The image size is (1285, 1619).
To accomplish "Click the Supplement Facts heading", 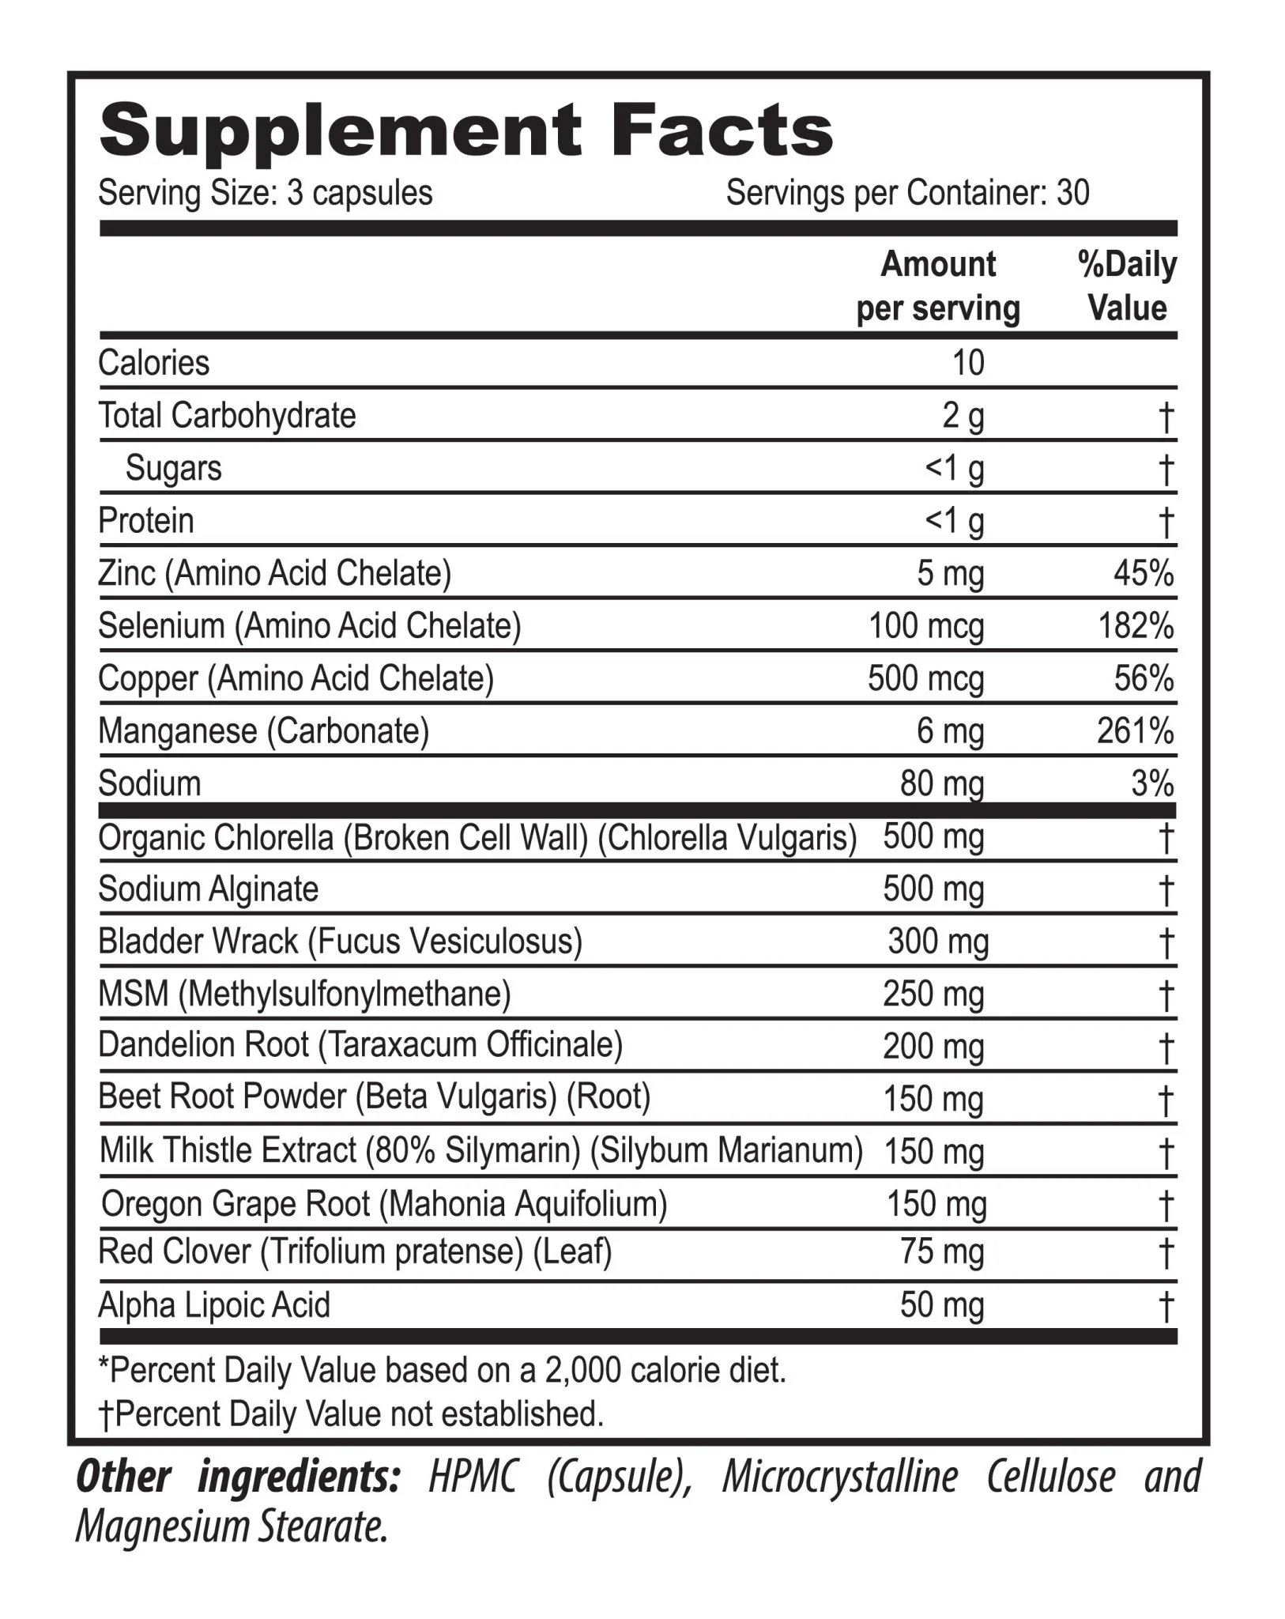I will pyautogui.click(x=466, y=131).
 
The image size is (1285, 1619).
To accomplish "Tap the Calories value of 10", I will pyautogui.click(x=968, y=363).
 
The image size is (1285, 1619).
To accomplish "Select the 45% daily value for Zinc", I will pyautogui.click(x=1143, y=573).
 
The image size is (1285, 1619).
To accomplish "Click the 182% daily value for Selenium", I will pyautogui.click(x=1136, y=626).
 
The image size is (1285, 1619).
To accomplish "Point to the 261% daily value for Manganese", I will pyautogui.click(x=1135, y=731).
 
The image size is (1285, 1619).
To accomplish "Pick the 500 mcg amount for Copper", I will pyautogui.click(x=925, y=679).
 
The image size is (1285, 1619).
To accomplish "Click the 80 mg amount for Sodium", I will pyautogui.click(x=941, y=784).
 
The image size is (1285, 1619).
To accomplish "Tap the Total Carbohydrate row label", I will pyautogui.click(x=227, y=416).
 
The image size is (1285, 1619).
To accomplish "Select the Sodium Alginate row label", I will pyautogui.click(x=208, y=889).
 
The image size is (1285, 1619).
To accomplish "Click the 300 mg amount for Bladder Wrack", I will pyautogui.click(x=937, y=942).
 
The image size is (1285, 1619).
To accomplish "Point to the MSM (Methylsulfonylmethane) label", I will pyautogui.click(x=304, y=994).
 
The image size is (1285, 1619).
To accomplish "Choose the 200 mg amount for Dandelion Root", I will pyautogui.click(x=933, y=1047).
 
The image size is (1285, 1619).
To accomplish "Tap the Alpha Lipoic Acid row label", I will pyautogui.click(x=214, y=1305).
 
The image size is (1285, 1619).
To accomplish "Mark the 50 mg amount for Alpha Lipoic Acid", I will pyautogui.click(x=942, y=1305).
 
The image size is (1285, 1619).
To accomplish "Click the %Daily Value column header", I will pyautogui.click(x=1127, y=286).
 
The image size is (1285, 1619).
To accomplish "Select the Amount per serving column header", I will pyautogui.click(x=938, y=286).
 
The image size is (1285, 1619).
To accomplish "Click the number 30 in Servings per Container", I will pyautogui.click(x=1072, y=193).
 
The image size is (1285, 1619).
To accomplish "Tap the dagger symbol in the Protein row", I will pyautogui.click(x=1166, y=522).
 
